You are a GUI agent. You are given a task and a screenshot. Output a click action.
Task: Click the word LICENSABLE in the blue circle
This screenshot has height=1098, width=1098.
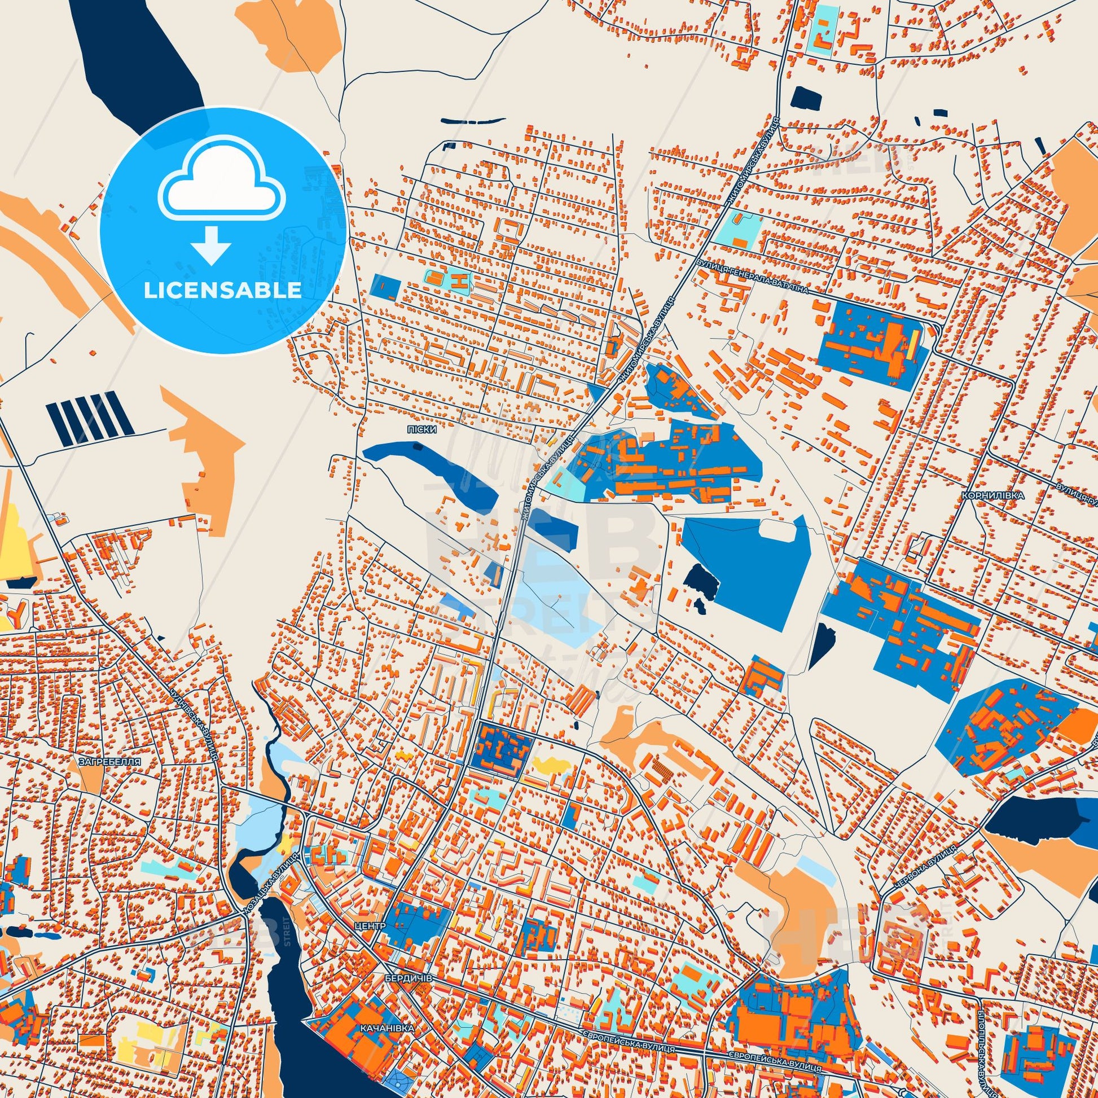click(x=222, y=291)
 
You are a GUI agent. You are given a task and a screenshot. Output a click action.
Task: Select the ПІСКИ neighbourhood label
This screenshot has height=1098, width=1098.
click(x=421, y=430)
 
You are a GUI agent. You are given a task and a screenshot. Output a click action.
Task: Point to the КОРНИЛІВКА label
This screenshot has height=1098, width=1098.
click(x=993, y=495)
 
